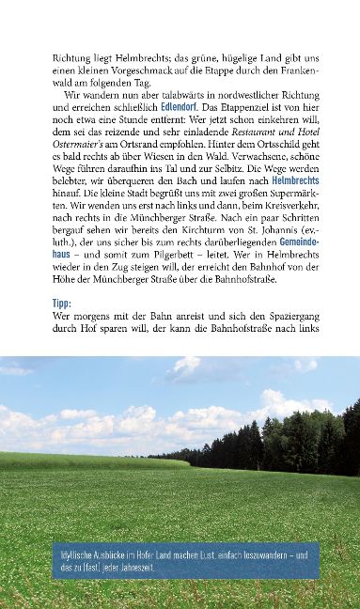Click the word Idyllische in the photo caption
(81, 554)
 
